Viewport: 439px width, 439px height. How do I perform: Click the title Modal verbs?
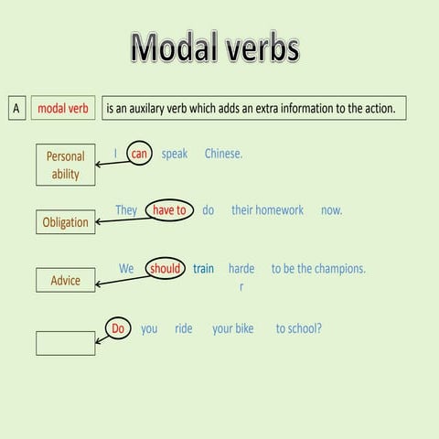click(x=215, y=47)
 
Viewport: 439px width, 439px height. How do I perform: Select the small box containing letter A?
click(x=16, y=109)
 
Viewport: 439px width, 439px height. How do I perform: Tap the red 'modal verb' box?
click(x=63, y=109)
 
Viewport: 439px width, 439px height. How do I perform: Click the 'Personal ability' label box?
click(x=65, y=165)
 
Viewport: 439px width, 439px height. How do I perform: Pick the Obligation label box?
click(x=65, y=222)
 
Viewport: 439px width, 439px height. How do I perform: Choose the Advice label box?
click(x=65, y=280)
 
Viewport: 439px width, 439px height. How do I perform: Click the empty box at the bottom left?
click(x=65, y=343)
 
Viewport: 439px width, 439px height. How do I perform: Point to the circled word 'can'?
click(x=139, y=154)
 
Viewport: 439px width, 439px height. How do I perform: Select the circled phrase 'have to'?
click(x=169, y=210)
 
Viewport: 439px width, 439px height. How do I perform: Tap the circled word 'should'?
click(x=165, y=269)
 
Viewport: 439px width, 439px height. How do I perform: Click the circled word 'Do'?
click(x=117, y=328)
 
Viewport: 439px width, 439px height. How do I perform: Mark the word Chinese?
click(x=223, y=154)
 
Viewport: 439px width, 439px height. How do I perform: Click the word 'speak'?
click(x=175, y=154)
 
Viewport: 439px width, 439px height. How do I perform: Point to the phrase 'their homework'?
click(x=267, y=210)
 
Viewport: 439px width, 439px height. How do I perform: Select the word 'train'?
click(x=203, y=269)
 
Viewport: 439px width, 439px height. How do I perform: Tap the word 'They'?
click(x=126, y=210)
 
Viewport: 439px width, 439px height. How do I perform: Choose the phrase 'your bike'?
click(x=232, y=328)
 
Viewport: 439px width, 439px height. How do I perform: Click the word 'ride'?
click(x=184, y=328)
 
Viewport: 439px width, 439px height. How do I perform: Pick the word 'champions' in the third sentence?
click(x=337, y=269)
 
